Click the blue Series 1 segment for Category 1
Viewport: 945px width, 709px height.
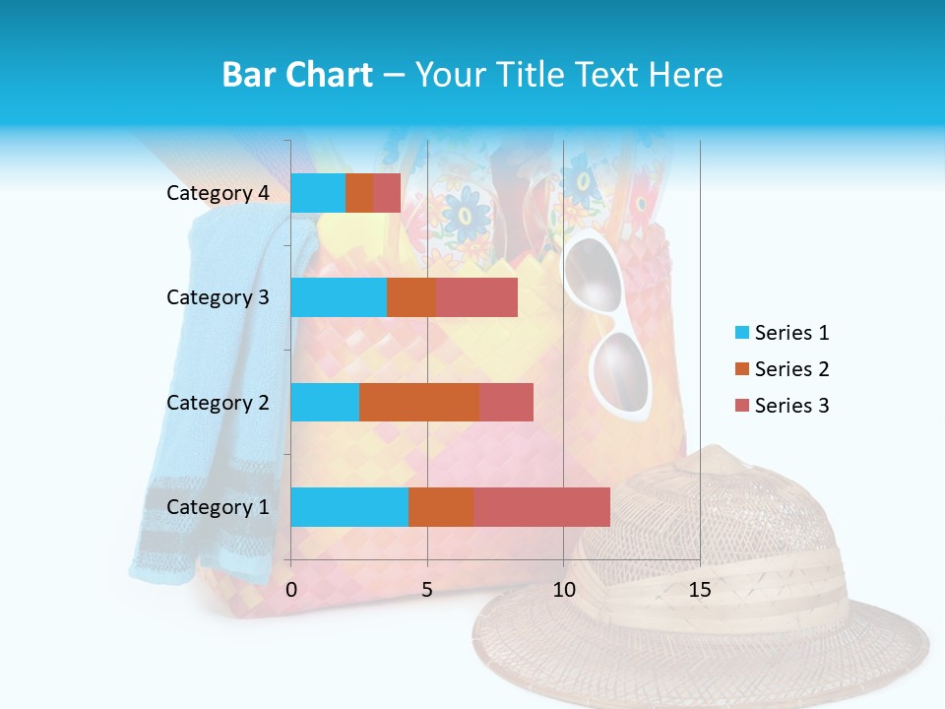[x=349, y=506]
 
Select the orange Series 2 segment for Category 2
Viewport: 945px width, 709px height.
[x=419, y=402]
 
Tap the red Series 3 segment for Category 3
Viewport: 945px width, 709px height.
[x=476, y=297]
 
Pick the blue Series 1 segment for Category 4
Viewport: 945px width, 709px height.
[x=318, y=193]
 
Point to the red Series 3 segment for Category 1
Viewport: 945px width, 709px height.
[x=541, y=506]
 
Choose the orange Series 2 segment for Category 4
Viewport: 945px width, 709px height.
[x=359, y=193]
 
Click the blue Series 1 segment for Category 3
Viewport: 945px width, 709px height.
[x=339, y=297]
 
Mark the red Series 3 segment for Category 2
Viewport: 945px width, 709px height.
[x=506, y=402]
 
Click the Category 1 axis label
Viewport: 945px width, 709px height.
[x=218, y=507]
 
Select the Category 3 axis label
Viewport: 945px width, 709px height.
[x=218, y=297]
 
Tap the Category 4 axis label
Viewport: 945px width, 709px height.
[x=218, y=193]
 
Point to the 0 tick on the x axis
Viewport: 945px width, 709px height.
[x=291, y=590]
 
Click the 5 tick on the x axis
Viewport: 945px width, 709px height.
[x=427, y=590]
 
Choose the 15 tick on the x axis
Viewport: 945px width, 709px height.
[x=699, y=590]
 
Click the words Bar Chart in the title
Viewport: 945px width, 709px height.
[x=297, y=75]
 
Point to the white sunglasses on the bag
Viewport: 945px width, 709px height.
[x=607, y=325]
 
